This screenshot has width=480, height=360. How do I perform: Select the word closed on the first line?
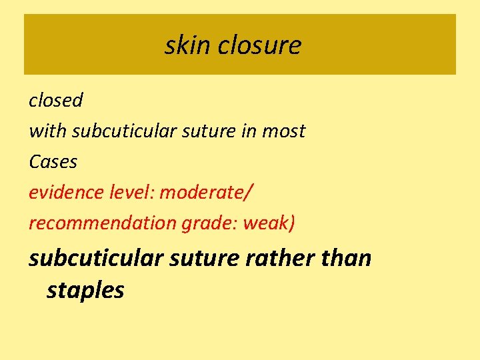pos(56,101)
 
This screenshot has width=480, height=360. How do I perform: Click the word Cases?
pos(53,162)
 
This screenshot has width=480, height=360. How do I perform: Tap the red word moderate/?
pos(207,193)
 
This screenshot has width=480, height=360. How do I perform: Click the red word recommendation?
pos(103,223)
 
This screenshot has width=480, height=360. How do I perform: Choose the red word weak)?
pos(269,223)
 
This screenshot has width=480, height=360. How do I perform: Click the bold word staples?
pos(85,291)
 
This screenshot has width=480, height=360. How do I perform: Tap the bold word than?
pos(345,258)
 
